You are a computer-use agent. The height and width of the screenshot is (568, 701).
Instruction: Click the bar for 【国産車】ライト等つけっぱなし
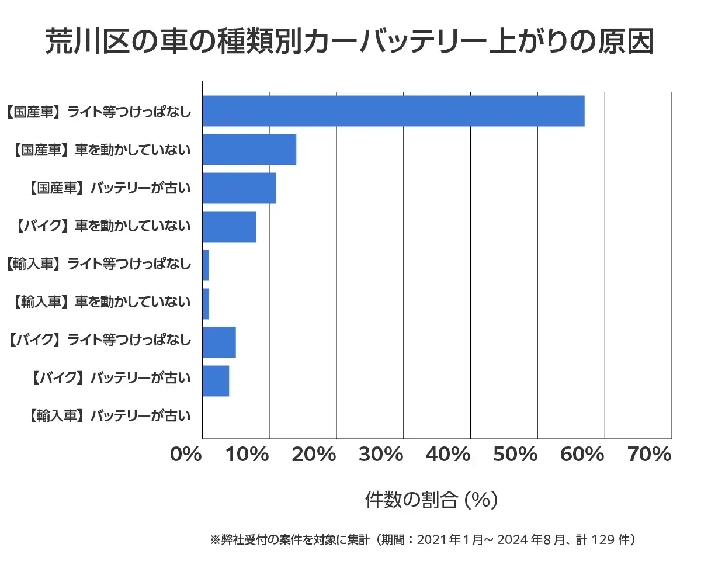[393, 111]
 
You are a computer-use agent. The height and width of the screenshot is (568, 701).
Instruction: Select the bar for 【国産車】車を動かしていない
[249, 150]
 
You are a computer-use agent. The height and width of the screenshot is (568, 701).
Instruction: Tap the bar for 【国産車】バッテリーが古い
[239, 188]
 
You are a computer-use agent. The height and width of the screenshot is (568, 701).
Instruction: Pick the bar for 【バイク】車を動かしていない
[229, 227]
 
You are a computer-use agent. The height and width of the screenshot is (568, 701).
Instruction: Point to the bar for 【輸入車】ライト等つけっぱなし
[206, 265]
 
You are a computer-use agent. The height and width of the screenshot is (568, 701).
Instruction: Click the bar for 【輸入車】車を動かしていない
[206, 304]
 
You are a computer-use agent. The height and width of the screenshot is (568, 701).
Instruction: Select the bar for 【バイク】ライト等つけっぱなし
[219, 342]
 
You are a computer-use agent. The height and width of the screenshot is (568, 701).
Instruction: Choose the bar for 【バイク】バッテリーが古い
[216, 381]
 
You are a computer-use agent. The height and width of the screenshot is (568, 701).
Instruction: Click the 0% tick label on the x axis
[186, 455]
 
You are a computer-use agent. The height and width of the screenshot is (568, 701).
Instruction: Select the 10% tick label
[253, 455]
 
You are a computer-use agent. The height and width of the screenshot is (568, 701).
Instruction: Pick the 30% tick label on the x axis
[387, 455]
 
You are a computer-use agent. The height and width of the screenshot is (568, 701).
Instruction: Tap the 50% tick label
[522, 455]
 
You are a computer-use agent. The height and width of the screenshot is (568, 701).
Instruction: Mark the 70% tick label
[649, 455]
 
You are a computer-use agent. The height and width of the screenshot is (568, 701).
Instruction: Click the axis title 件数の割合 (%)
[431, 500]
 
